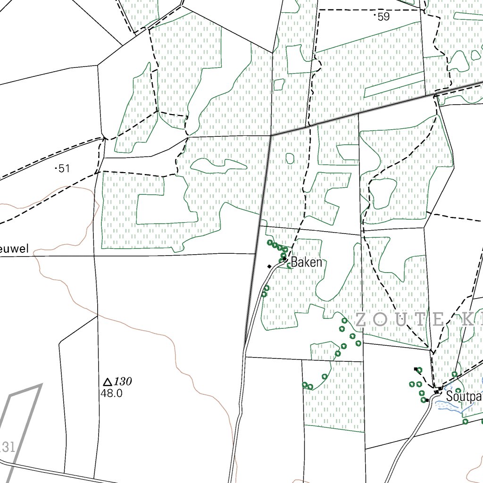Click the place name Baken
point(307,262)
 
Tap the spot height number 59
point(384,17)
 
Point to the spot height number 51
point(64,168)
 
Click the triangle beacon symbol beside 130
point(107,382)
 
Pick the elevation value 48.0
point(111,392)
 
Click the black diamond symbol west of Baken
point(269,266)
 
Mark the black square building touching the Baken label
point(286,259)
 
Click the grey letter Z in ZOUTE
point(361,320)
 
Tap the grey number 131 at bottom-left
point(8,446)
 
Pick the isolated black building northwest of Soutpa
point(416,369)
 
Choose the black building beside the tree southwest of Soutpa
point(427,400)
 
